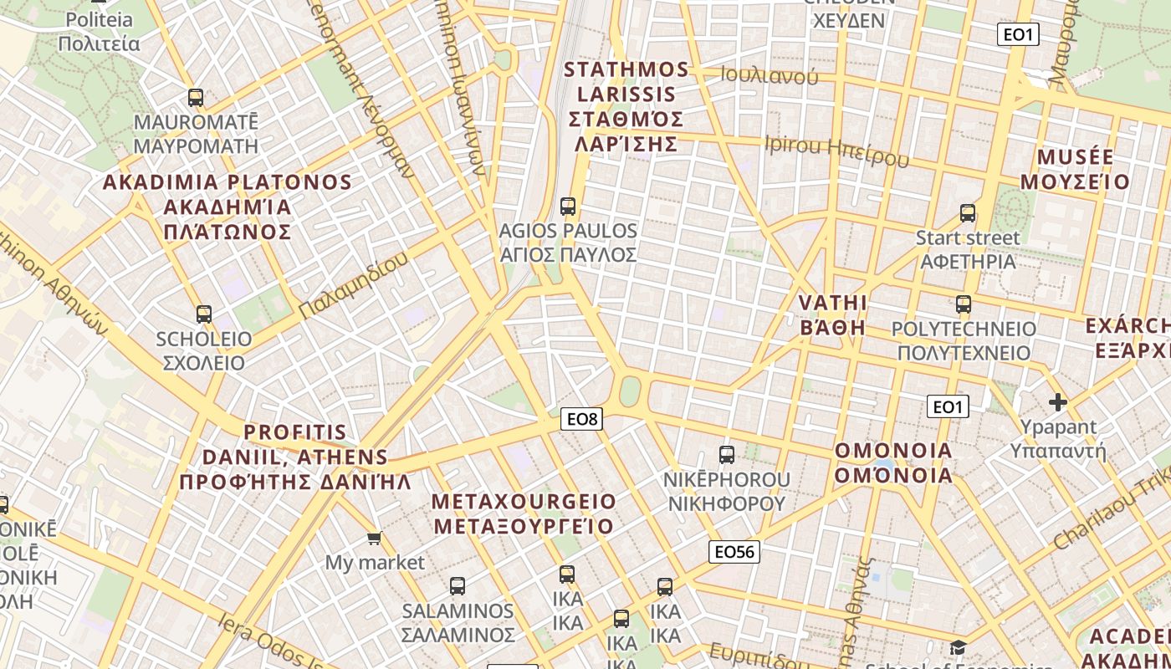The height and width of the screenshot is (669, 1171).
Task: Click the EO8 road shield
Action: [x=582, y=419]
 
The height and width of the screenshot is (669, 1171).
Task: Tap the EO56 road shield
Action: [x=734, y=551]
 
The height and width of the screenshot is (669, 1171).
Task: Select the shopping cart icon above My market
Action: [x=374, y=538]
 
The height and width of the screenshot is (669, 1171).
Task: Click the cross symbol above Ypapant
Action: [x=1058, y=402]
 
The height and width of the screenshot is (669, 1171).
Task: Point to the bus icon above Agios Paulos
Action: [x=568, y=206]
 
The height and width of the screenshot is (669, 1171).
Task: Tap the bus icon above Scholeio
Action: [x=204, y=314]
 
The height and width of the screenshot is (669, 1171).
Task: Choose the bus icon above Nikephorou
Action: [x=727, y=455]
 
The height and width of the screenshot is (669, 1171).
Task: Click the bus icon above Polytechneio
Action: [x=964, y=304]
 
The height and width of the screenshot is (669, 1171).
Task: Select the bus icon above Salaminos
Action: [x=457, y=585]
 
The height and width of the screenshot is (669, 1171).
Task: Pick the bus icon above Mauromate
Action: [x=196, y=98]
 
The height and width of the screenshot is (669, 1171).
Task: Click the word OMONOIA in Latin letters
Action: [x=893, y=451]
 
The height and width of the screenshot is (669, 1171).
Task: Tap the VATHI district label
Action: [x=832, y=303]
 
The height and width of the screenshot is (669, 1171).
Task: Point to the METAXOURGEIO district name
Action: [x=524, y=502]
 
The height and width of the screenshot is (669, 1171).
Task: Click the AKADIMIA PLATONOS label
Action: [x=227, y=182]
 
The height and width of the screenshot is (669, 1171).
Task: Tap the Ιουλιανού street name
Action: [x=770, y=76]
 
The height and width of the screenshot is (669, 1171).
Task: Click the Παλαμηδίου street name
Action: [x=353, y=284]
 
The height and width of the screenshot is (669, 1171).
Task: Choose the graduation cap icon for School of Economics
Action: [x=958, y=648]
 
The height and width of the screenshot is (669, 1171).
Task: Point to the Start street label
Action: [x=968, y=238]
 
